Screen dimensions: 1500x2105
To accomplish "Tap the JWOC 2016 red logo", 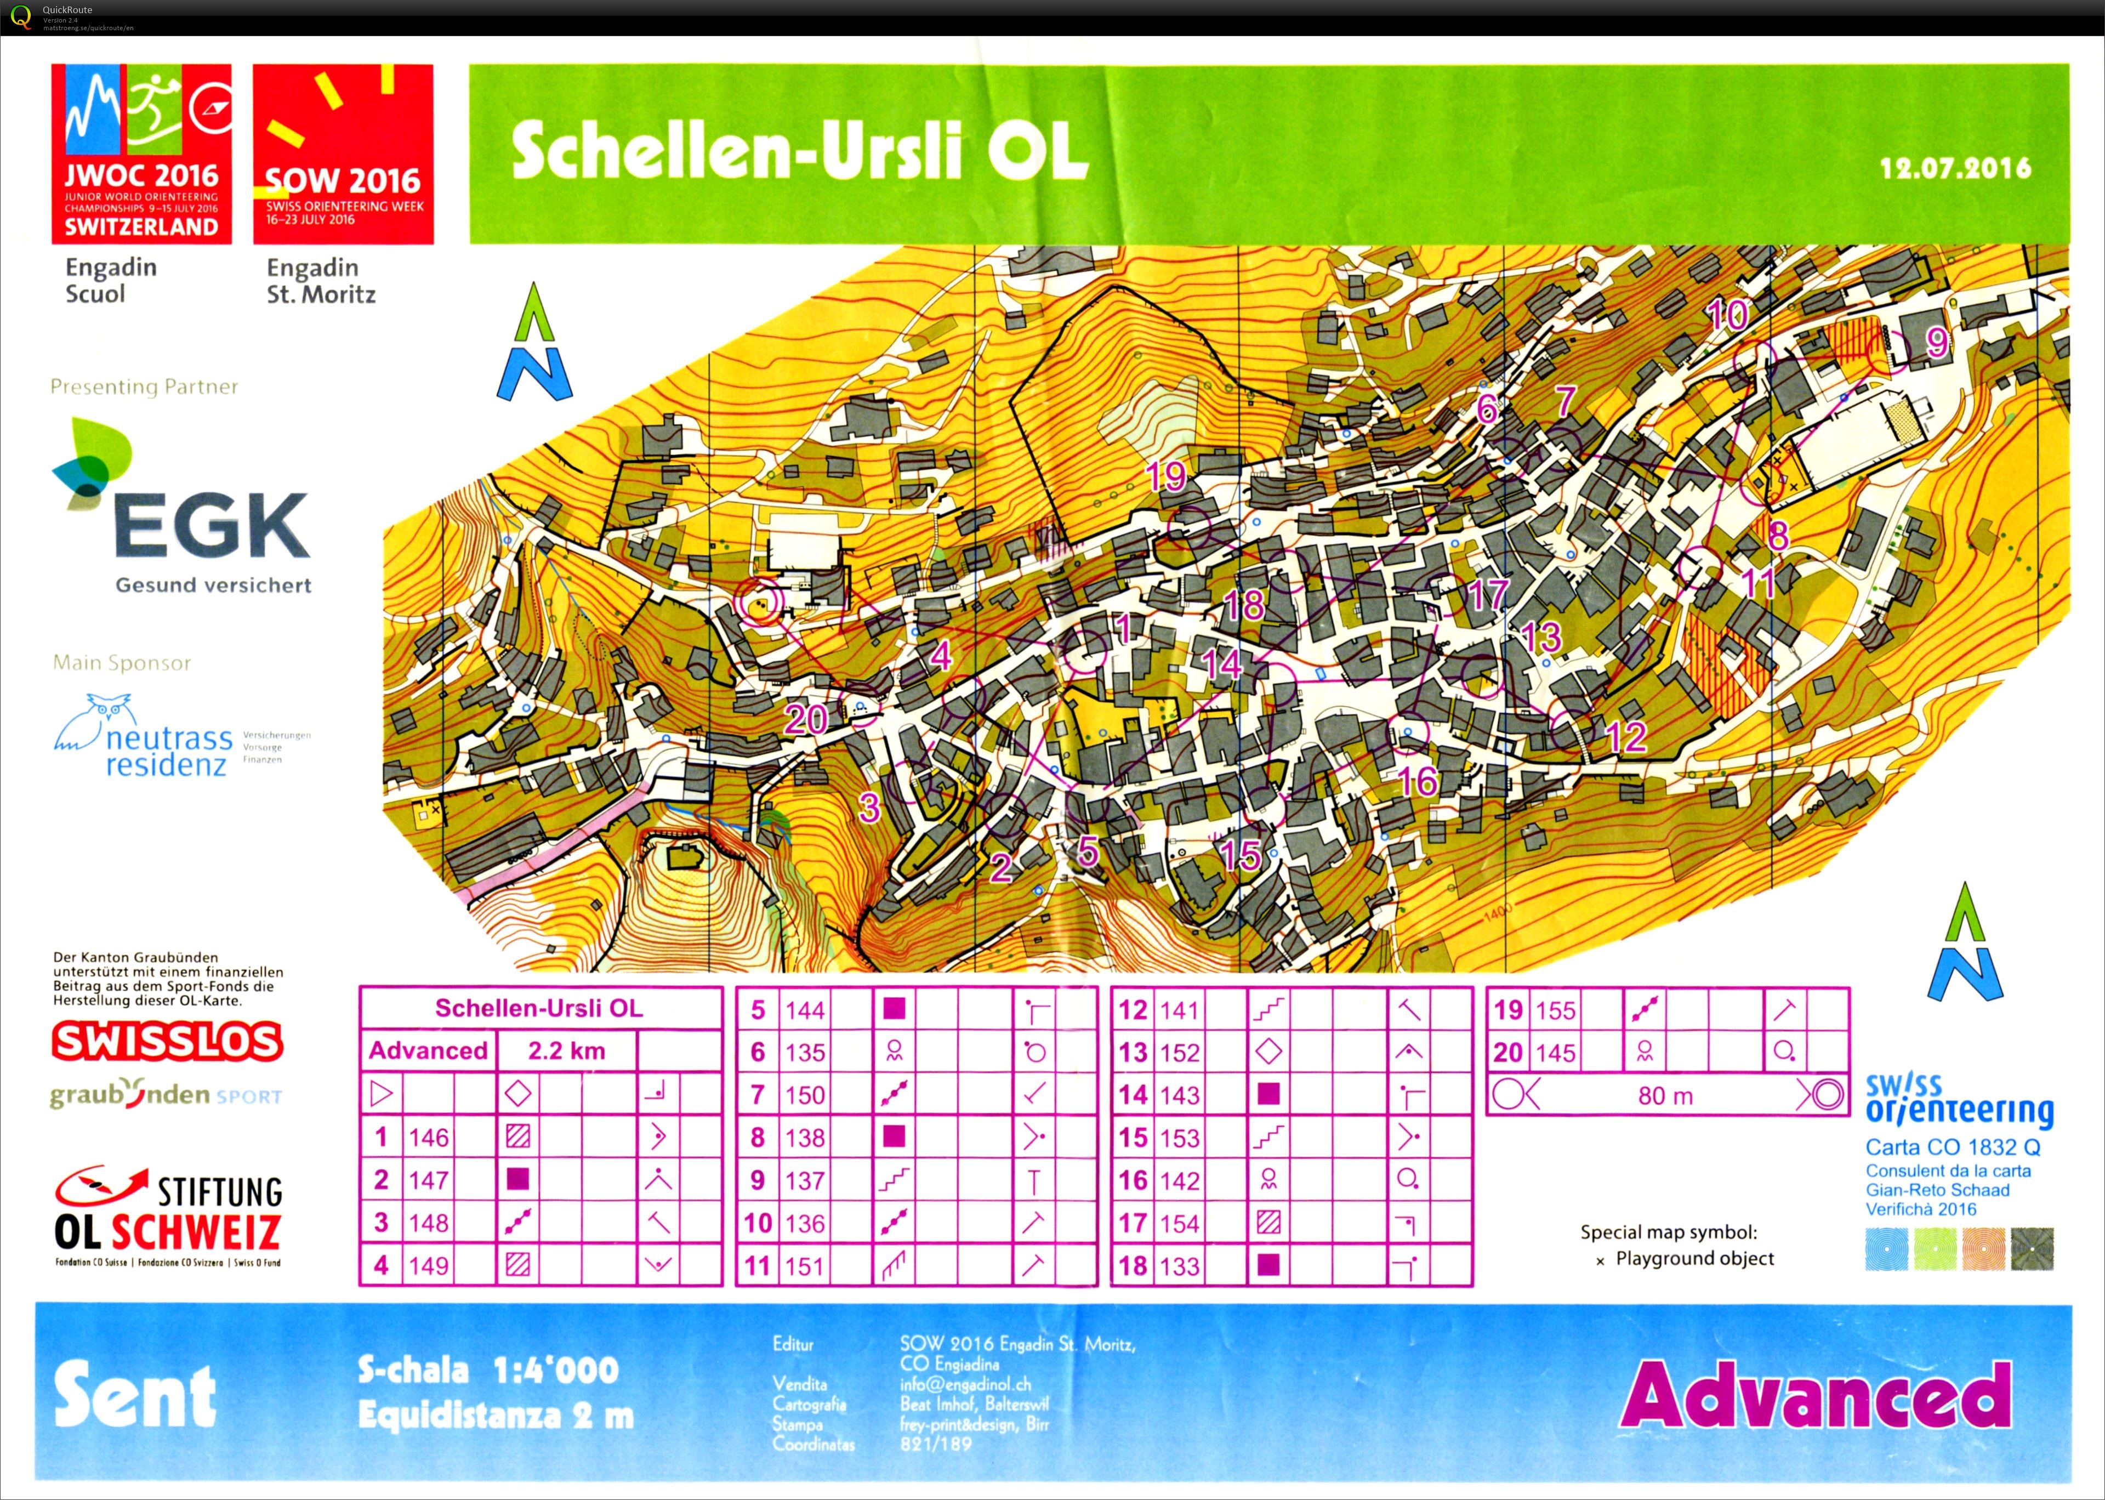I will pyautogui.click(x=141, y=154).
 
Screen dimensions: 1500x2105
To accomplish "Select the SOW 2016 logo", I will pyautogui.click(x=343, y=154).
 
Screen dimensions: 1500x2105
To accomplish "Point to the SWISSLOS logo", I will pyautogui.click(x=167, y=1041).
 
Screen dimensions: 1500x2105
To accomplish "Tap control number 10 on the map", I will pyautogui.click(x=1726, y=315).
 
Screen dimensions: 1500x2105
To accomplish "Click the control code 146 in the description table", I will pyautogui.click(x=428, y=1137).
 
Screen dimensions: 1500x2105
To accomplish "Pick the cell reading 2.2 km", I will pyautogui.click(x=566, y=1050).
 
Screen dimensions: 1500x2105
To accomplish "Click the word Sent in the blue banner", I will pyautogui.click(x=135, y=1396).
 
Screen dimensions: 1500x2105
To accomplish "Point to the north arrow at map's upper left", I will pyautogui.click(x=536, y=344).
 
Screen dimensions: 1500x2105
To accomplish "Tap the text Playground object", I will pyautogui.click(x=1694, y=1258).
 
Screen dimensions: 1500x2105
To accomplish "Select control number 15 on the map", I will pyautogui.click(x=1240, y=854).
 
